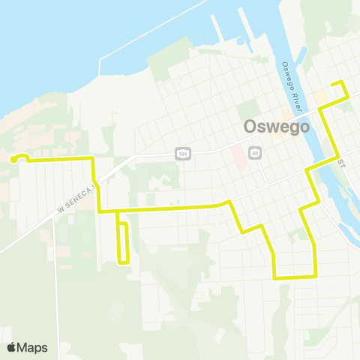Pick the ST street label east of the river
341,163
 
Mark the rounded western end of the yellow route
14,158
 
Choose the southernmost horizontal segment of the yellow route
294,277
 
